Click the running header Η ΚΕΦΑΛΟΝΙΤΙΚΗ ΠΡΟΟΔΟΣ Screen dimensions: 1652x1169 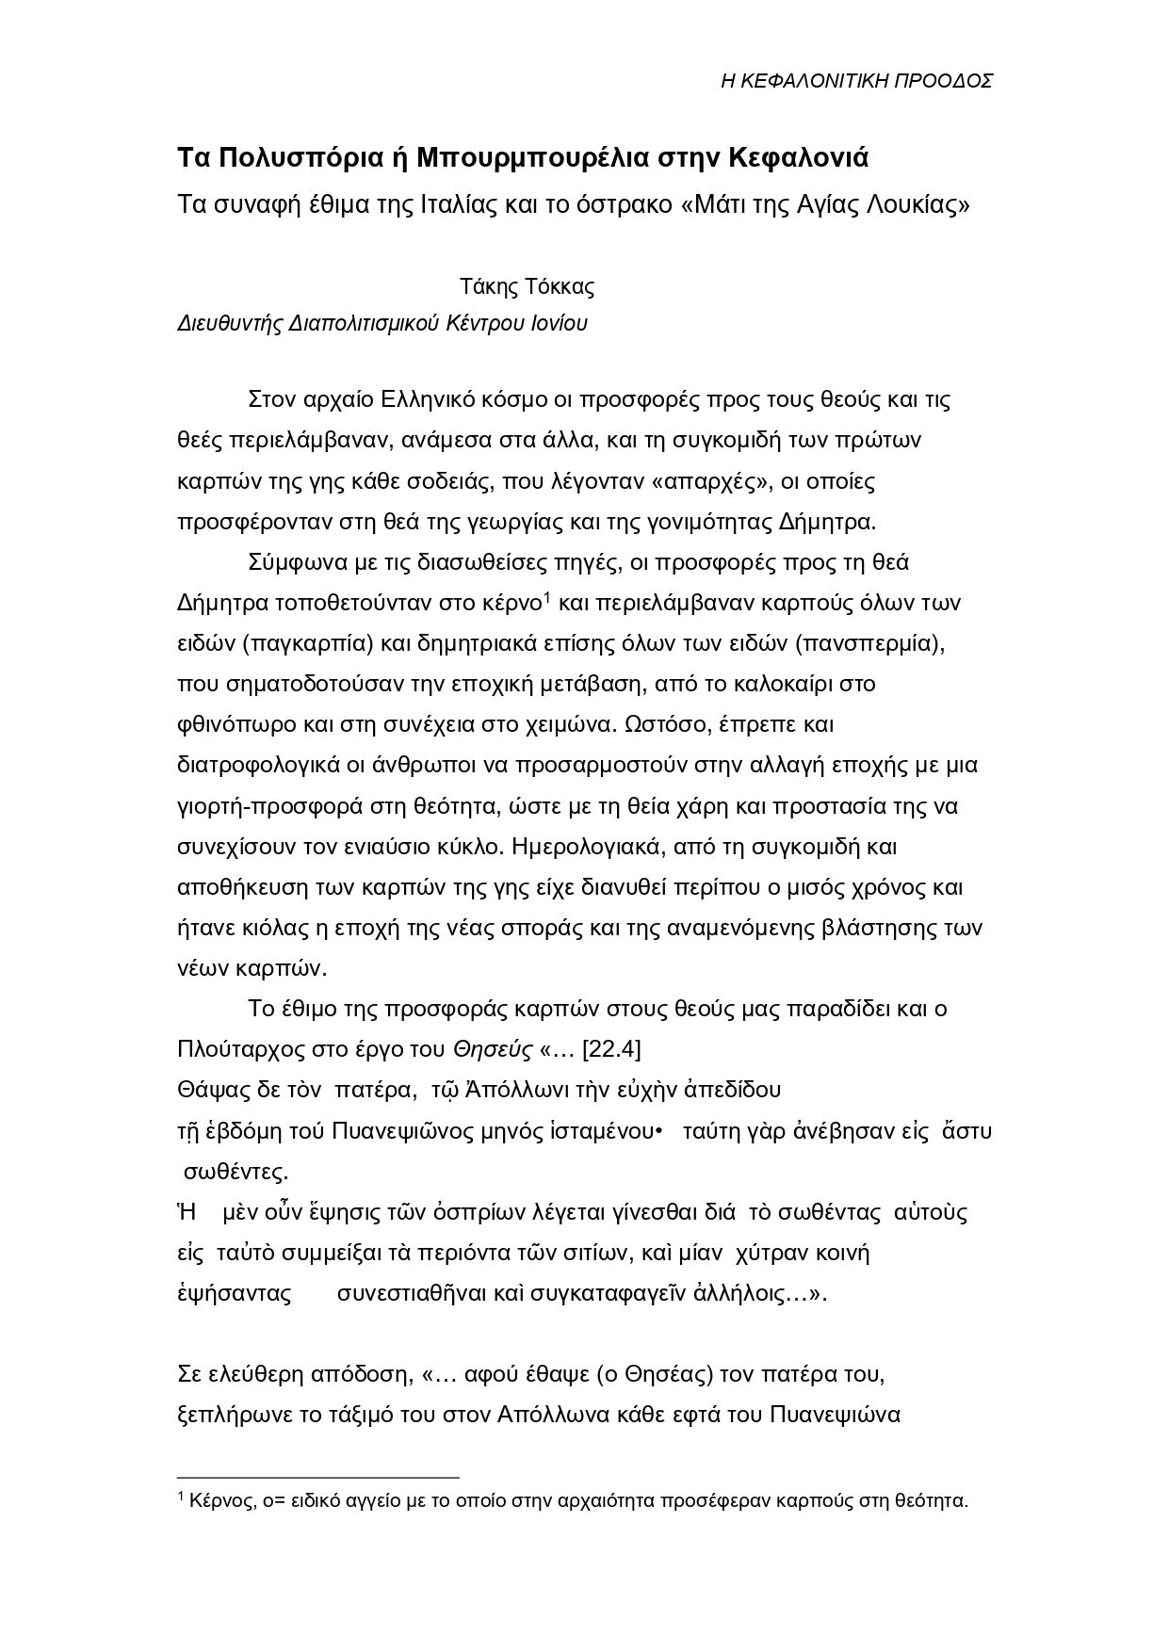(x=856, y=81)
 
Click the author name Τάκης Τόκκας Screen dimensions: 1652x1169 (x=527, y=286)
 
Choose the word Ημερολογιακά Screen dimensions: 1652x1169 (x=582, y=847)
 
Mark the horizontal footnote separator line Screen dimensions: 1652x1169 (x=318, y=1478)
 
